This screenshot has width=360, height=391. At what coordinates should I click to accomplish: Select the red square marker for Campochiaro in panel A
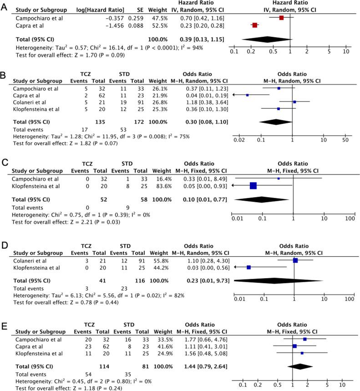pyautogui.click(x=281, y=18)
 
